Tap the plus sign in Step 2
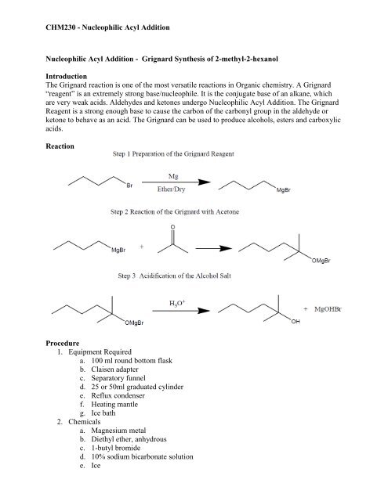click(x=140, y=247)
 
